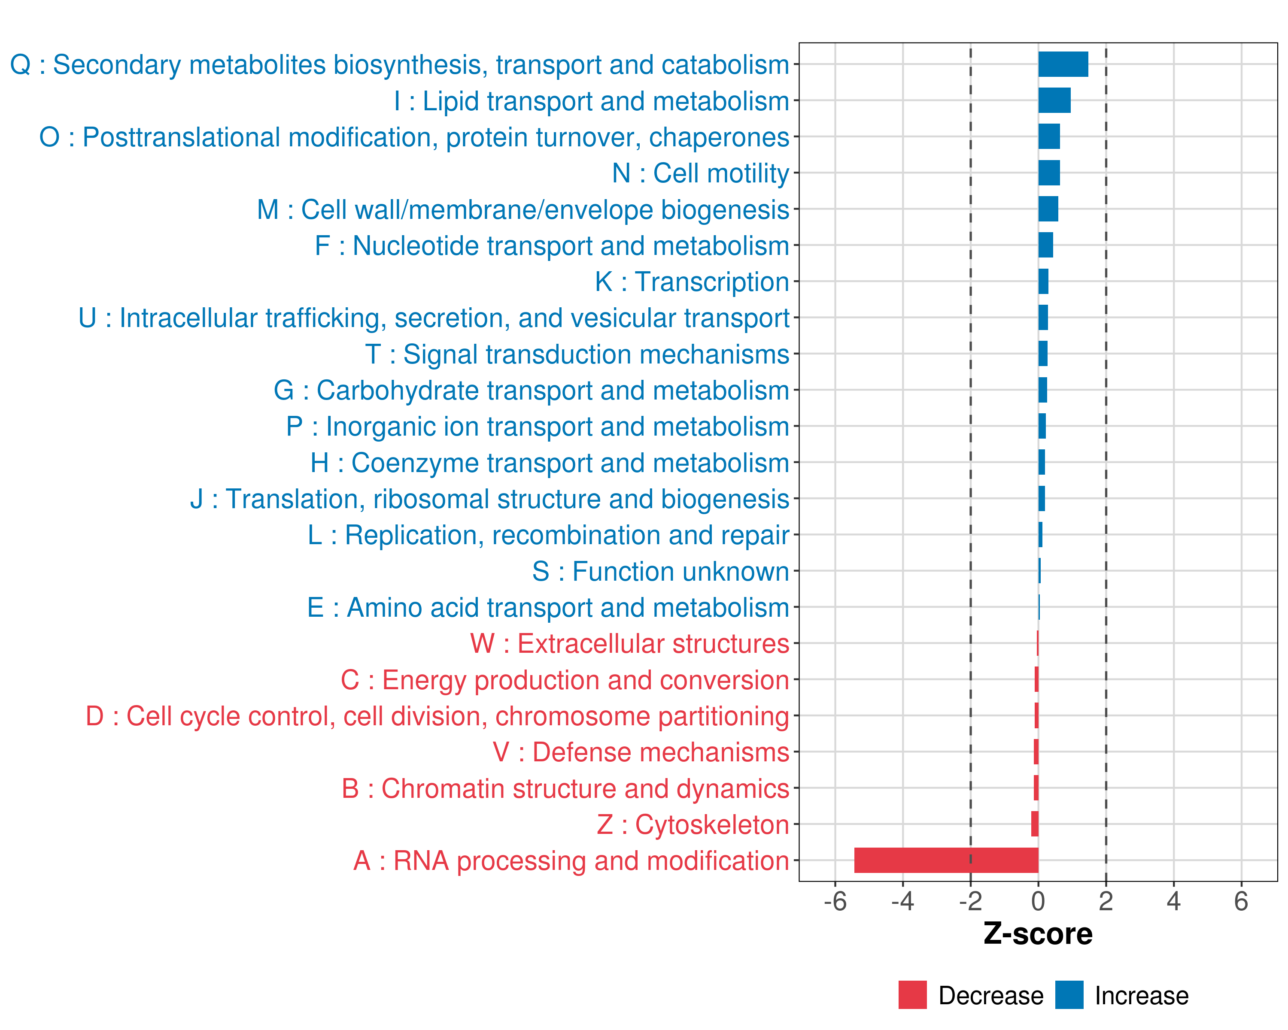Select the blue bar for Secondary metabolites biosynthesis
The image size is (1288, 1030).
1063,64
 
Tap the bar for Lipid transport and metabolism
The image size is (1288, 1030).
1054,100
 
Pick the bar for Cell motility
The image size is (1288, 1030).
1048,173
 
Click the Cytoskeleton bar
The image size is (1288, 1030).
1035,824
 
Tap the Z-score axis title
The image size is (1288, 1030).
1038,934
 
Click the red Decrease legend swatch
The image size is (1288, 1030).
912,995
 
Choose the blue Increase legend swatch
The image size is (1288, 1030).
1069,995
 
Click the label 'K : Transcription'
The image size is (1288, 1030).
692,282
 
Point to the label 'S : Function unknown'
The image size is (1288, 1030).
660,571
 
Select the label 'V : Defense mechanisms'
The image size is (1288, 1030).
641,752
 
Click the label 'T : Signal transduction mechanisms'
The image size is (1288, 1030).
577,354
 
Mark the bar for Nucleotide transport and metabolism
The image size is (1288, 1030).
1045,245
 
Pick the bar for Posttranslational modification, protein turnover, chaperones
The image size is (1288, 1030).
1048,137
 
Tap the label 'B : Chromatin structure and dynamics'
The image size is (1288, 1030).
565,788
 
